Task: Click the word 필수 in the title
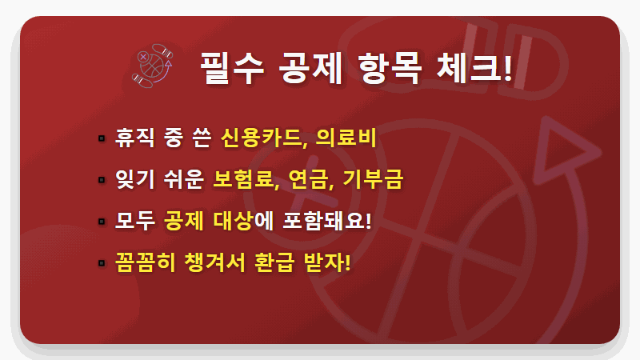(227, 69)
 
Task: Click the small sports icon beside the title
(152, 65)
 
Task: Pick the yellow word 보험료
(246, 179)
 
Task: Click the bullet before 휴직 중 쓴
(102, 139)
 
